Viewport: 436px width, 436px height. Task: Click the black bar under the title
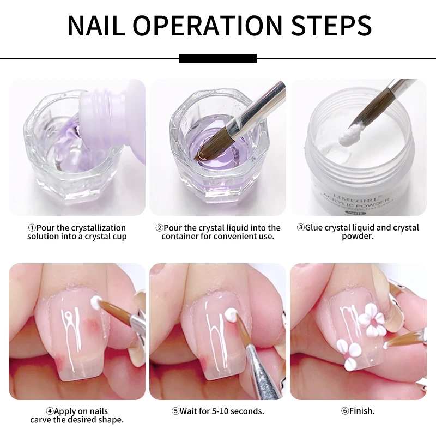(x=217, y=58)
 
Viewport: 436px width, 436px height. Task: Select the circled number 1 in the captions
(x=32, y=228)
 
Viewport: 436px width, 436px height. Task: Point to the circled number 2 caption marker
(x=159, y=228)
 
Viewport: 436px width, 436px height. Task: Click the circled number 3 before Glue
(x=300, y=228)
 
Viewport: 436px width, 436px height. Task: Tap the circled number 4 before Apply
(x=50, y=411)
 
